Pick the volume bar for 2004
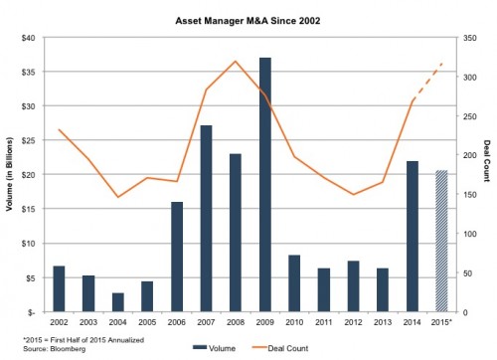click(x=118, y=301)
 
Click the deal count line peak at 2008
click(x=236, y=62)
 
